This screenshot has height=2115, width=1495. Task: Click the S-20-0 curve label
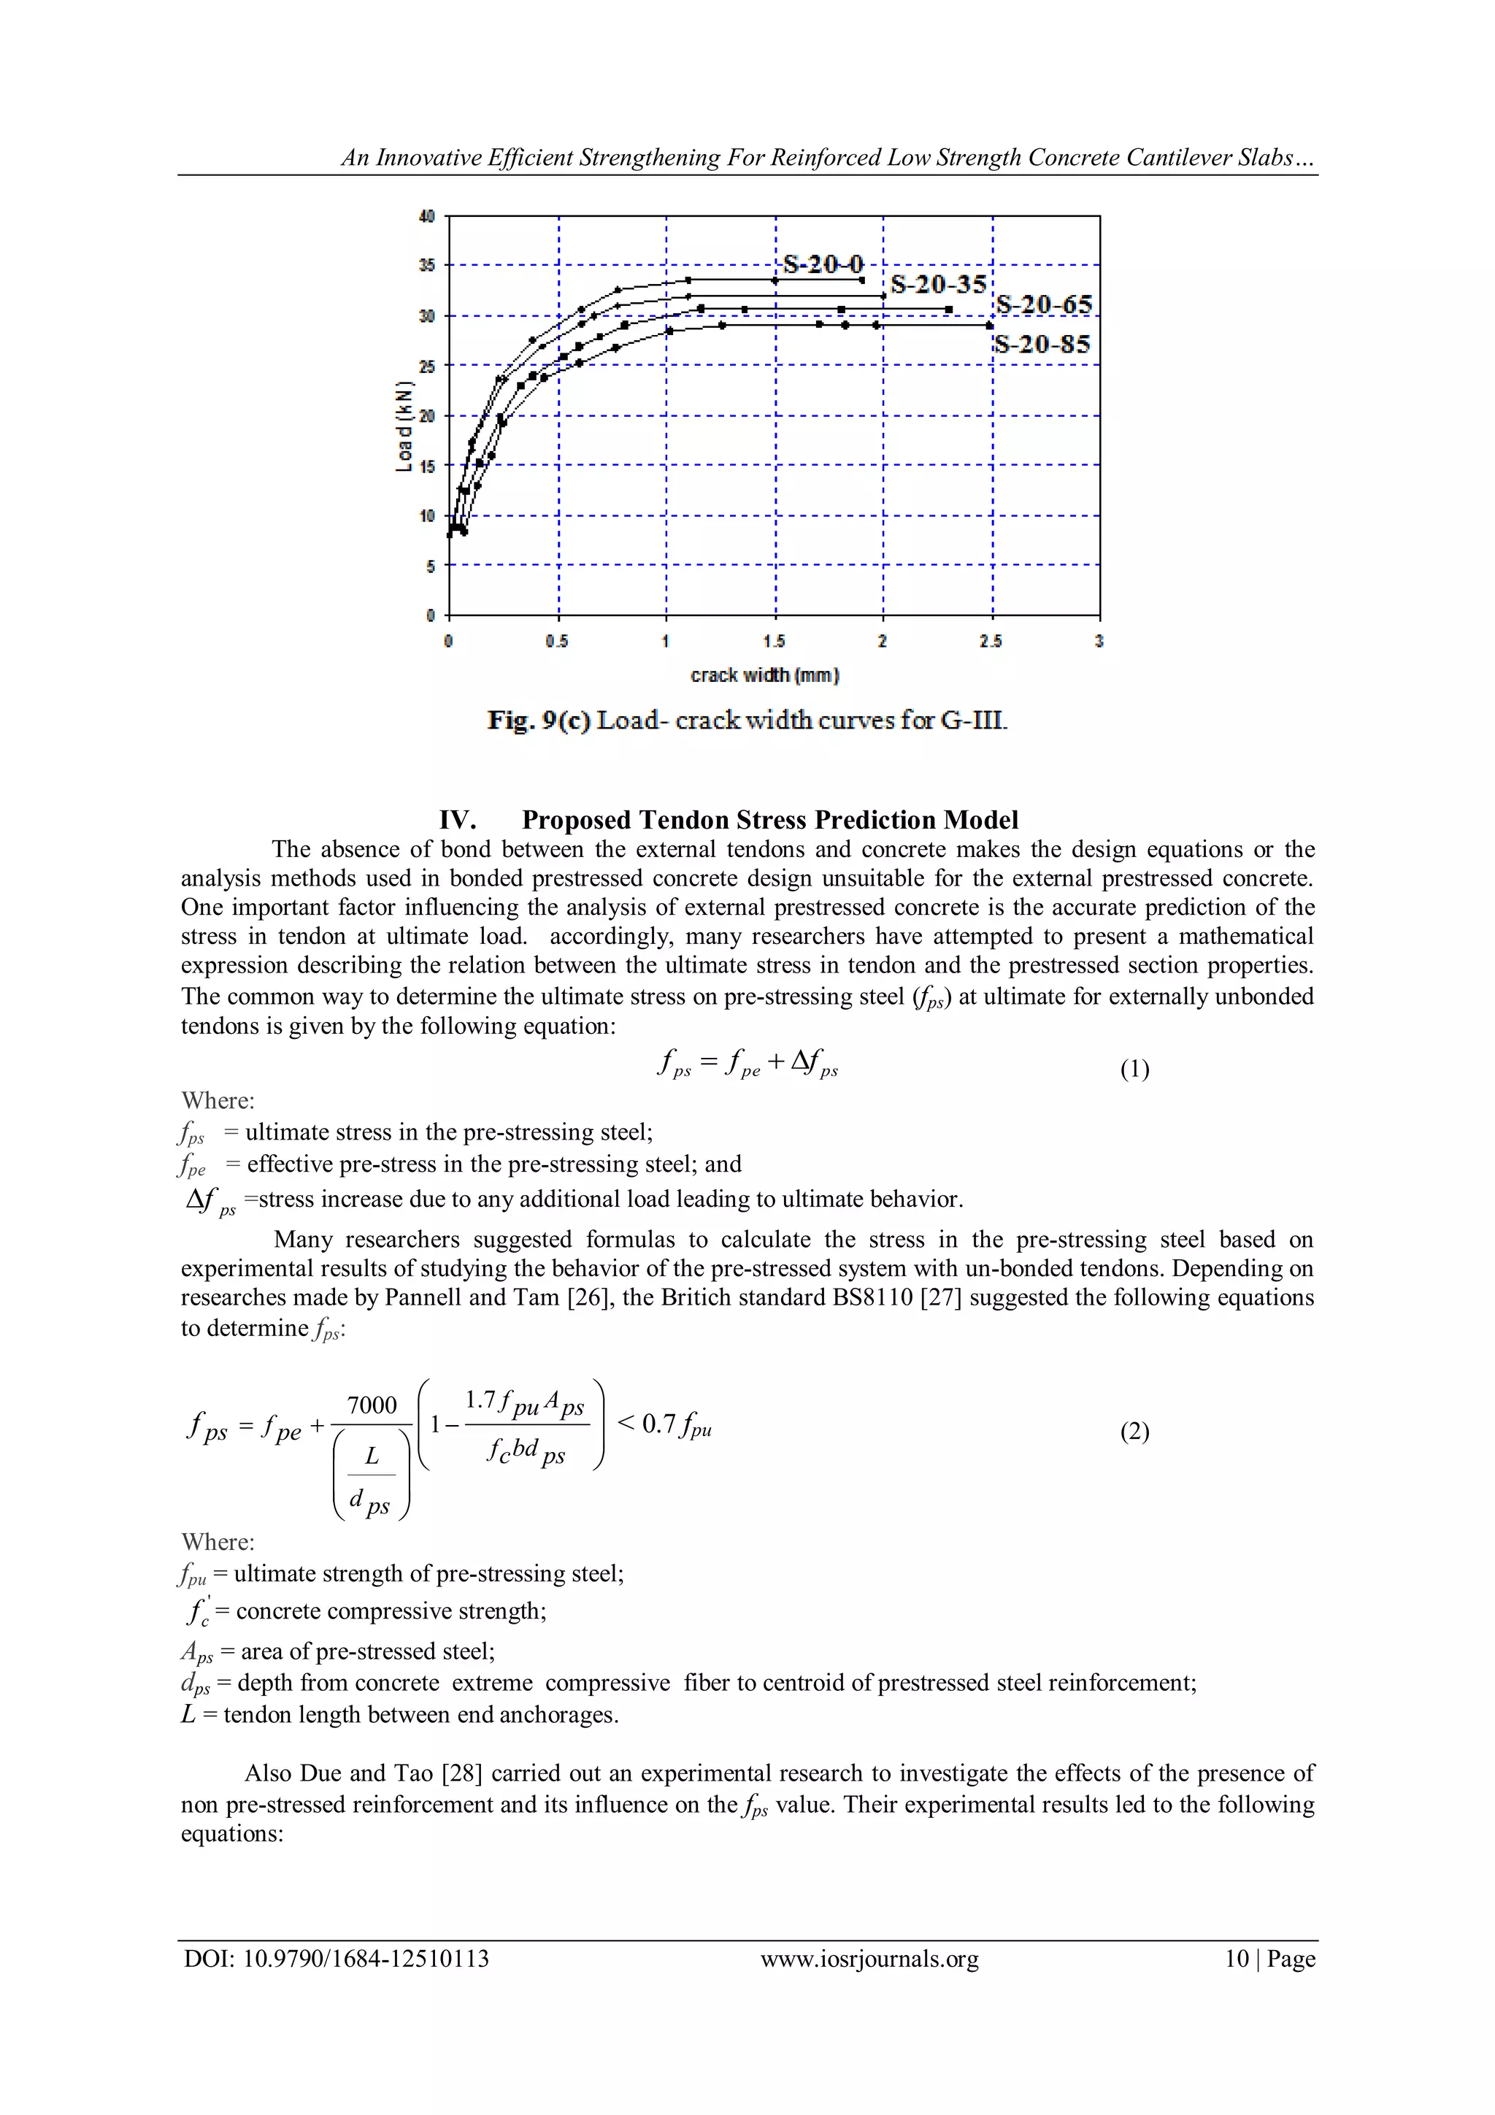click(823, 265)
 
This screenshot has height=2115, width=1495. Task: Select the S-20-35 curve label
click(938, 284)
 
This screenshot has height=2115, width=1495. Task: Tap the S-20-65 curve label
click(1044, 305)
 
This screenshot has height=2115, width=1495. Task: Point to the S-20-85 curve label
click(1042, 345)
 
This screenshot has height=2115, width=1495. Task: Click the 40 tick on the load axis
click(426, 217)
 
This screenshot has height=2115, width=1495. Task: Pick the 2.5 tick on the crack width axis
click(991, 641)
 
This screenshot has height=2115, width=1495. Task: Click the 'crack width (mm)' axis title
click(764, 675)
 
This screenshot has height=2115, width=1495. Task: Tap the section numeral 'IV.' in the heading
click(458, 820)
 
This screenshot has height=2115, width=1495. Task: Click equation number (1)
click(1134, 1069)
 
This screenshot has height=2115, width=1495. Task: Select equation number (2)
click(1134, 1431)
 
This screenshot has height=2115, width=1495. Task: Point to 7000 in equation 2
click(372, 1405)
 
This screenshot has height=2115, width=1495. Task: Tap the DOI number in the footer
click(366, 1959)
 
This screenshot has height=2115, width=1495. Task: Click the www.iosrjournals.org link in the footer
click(869, 1959)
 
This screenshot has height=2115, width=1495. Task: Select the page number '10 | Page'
click(1269, 1959)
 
